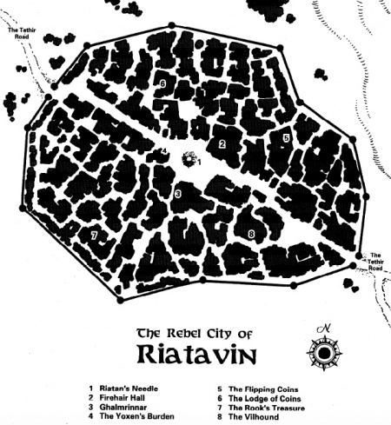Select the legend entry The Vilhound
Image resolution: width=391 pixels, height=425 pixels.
click(254, 417)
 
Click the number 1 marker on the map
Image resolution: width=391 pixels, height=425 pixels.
click(199, 161)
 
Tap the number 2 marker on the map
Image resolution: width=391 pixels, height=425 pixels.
click(222, 144)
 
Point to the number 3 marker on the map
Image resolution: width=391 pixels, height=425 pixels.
click(176, 195)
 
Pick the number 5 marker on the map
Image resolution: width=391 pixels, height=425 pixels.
click(286, 137)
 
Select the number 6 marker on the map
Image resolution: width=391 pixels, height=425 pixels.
click(163, 83)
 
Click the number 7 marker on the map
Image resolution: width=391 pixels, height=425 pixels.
click(93, 236)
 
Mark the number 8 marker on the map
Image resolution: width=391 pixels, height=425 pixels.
click(250, 234)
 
